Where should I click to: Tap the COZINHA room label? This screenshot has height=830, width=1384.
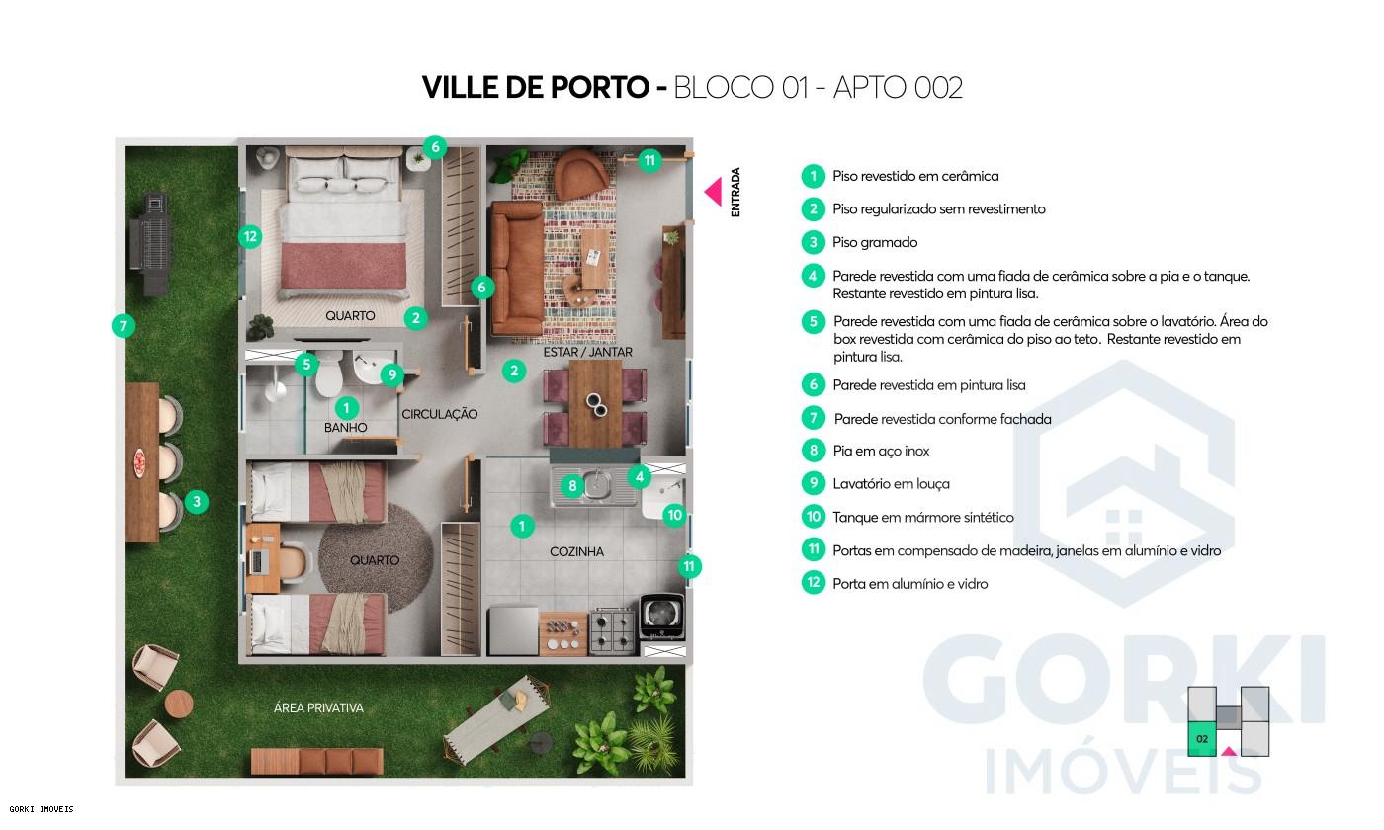pos(576,552)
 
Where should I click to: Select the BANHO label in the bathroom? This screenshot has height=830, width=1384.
pos(345,428)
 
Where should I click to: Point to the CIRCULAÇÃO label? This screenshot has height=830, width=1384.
pos(439,414)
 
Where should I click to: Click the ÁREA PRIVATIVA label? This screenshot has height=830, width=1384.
pos(318,707)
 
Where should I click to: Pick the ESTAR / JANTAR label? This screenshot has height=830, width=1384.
pos(587,352)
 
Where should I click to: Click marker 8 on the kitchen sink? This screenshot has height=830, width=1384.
pos(571,485)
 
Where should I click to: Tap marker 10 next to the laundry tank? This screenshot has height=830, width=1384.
pos(674,514)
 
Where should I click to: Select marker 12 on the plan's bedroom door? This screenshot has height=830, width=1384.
pos(250,236)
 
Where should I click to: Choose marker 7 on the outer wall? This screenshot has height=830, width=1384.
pos(123,325)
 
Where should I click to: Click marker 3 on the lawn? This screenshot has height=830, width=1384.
pos(197,502)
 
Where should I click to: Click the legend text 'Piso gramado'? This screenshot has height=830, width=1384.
pos(874,242)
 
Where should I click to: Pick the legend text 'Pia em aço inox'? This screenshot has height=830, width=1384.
pos(881,451)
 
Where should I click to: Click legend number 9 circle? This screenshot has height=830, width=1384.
pos(813,483)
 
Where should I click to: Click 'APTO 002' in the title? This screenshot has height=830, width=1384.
pos(898,87)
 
